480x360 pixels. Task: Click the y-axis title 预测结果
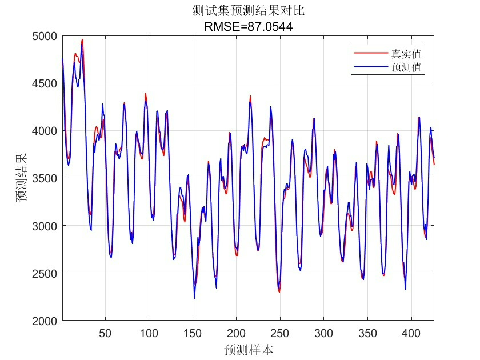coord(21,178)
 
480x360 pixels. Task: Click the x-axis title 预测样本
coord(248,349)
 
